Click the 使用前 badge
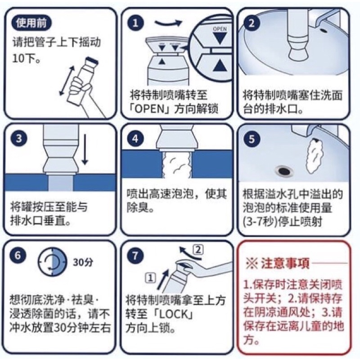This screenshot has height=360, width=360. click(31, 23)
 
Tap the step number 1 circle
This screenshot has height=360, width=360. click(136, 23)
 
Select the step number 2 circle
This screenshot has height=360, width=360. click(252, 23)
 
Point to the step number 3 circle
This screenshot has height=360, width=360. click(19, 139)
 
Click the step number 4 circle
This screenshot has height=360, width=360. click(135, 139)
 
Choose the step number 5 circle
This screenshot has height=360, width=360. click(252, 139)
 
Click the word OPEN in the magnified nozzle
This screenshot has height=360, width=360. click(220, 29)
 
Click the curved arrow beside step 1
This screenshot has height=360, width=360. click(169, 23)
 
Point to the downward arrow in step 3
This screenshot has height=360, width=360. click(85, 149)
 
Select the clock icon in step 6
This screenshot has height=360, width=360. click(52, 261)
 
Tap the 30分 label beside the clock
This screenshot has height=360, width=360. click(83, 262)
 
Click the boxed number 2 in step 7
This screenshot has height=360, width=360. click(198, 250)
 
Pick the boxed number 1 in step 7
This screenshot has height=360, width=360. click(151, 279)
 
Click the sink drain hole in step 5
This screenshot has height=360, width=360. click(284, 171)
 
